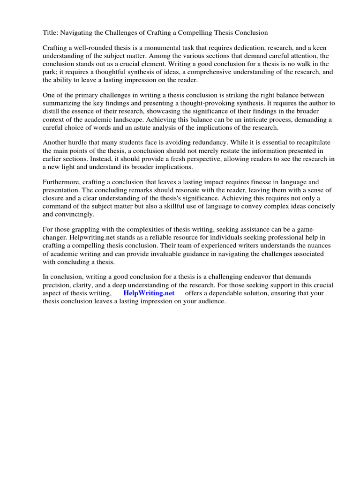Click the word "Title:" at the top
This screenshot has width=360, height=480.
[51, 32]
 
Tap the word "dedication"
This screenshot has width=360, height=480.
[251, 48]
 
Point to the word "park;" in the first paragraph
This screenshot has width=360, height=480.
[52, 72]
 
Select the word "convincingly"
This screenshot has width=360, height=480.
[75, 214]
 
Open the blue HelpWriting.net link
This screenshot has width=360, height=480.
[149, 293]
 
